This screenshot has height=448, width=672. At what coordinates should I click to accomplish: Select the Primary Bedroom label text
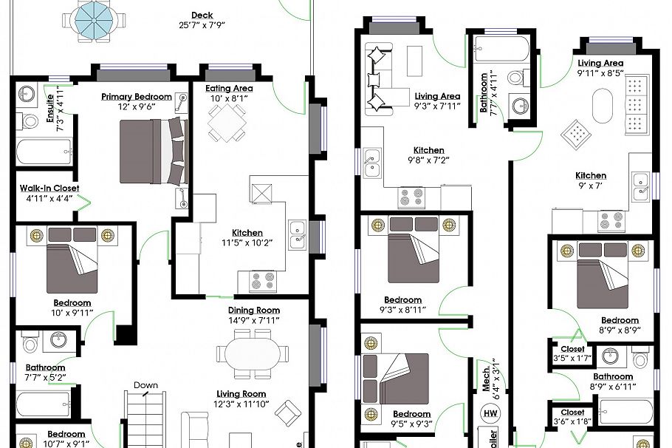137,97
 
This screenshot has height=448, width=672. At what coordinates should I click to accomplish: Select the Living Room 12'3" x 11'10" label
241,398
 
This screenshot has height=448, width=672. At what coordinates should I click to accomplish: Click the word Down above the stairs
145,385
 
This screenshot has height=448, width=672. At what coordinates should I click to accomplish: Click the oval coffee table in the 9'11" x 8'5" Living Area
603,107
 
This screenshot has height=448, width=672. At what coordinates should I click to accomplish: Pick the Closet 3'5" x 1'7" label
572,353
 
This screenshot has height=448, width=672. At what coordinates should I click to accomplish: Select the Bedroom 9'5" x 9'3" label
411,418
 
